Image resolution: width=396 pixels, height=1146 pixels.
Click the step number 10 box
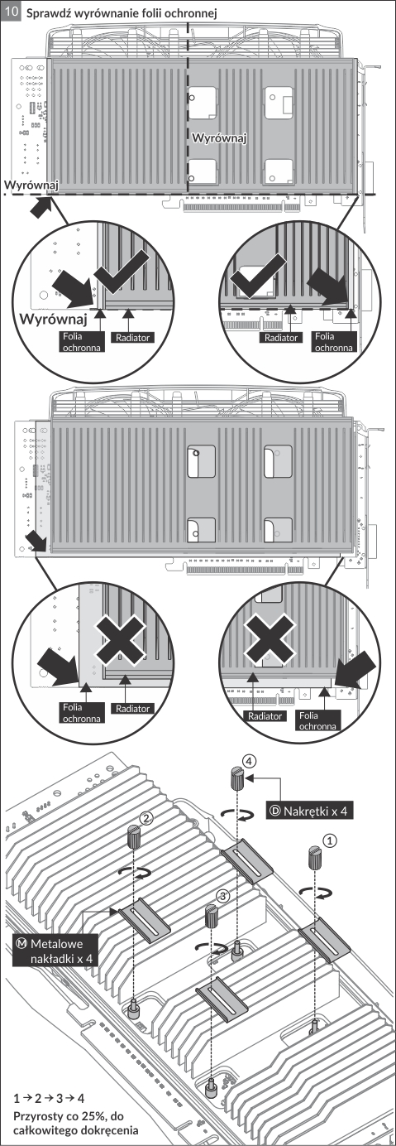coord(12,12)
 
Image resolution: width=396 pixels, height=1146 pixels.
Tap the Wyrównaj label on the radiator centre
coord(219,138)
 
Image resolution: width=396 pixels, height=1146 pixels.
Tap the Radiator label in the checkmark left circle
coord(132,338)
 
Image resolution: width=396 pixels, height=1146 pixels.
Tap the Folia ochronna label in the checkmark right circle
coord(333,342)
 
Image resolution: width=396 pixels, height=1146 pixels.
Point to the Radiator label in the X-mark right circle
coord(265,716)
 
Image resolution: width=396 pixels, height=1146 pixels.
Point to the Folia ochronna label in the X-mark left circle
coord(82,713)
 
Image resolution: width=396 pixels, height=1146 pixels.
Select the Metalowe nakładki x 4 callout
coord(55,951)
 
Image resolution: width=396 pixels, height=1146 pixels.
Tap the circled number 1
coord(331,840)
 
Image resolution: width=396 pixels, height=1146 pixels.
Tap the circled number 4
coord(249,761)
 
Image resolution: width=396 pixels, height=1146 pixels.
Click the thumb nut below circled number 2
coord(134,837)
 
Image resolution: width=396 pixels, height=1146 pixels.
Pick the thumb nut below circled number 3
coord(212,916)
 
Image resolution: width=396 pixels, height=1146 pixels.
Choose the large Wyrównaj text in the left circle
coord(53,320)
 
